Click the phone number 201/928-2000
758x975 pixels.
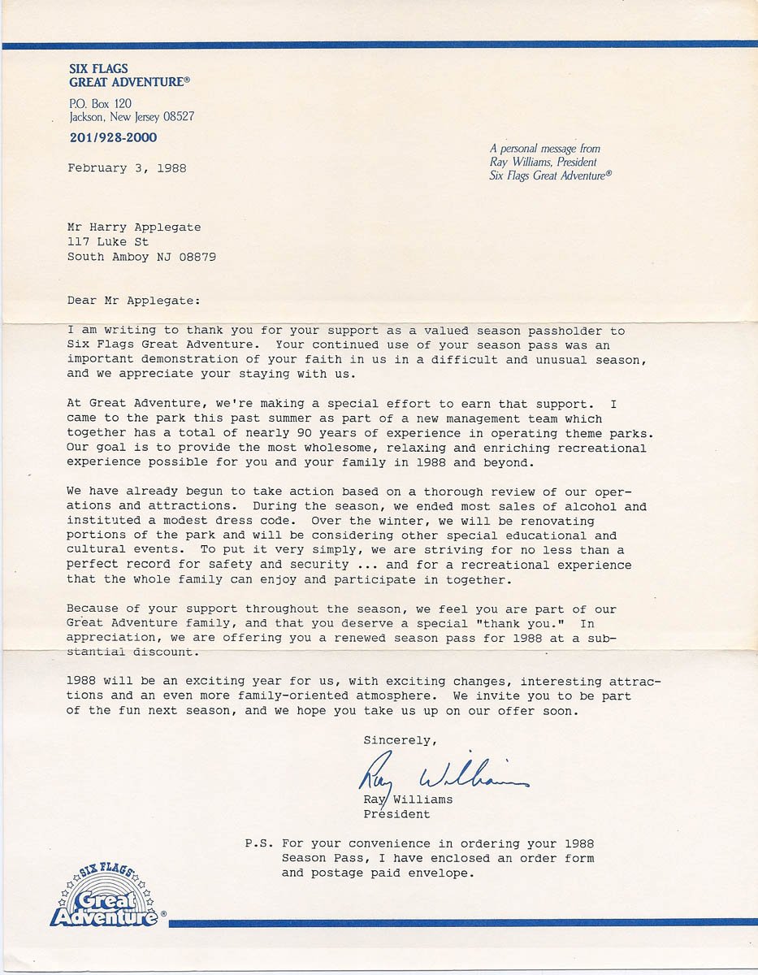pos(113,138)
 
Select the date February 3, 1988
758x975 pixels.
pos(127,168)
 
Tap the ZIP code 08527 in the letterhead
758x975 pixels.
pos(179,117)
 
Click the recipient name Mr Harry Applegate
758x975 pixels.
pos(134,227)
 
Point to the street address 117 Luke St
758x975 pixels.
pos(108,242)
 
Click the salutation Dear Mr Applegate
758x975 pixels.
pos(132,301)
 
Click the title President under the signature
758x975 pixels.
pos(396,814)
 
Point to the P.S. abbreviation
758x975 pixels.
pos(259,843)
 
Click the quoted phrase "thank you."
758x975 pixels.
pos(528,624)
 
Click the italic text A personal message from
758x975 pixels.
pos(544,149)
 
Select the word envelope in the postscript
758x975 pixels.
pos(442,873)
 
